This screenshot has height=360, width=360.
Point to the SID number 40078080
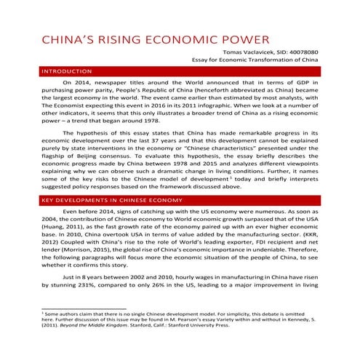(300, 54)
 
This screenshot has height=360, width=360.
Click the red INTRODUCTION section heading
(67, 72)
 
